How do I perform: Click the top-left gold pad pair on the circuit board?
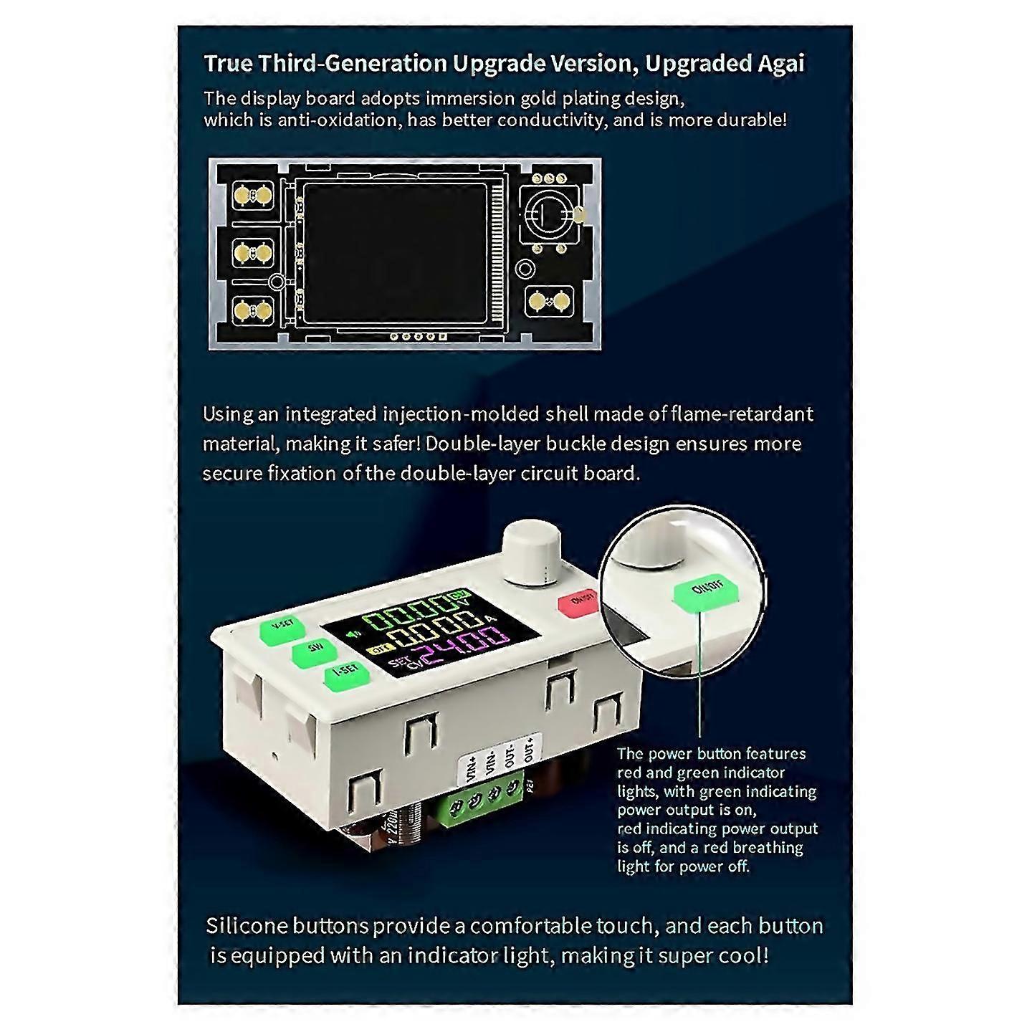254,196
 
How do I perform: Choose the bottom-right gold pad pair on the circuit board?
550,302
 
